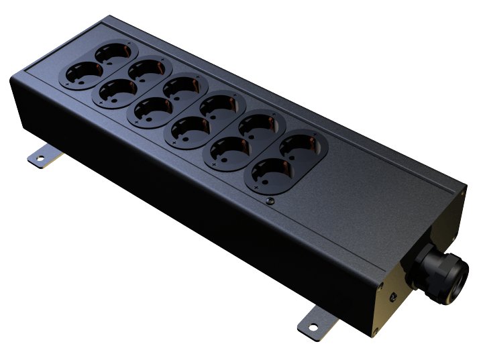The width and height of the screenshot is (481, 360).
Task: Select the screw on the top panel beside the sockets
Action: [270, 200]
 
